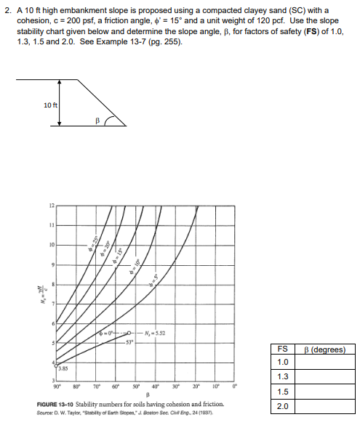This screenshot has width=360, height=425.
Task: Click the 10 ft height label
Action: point(50,106)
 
